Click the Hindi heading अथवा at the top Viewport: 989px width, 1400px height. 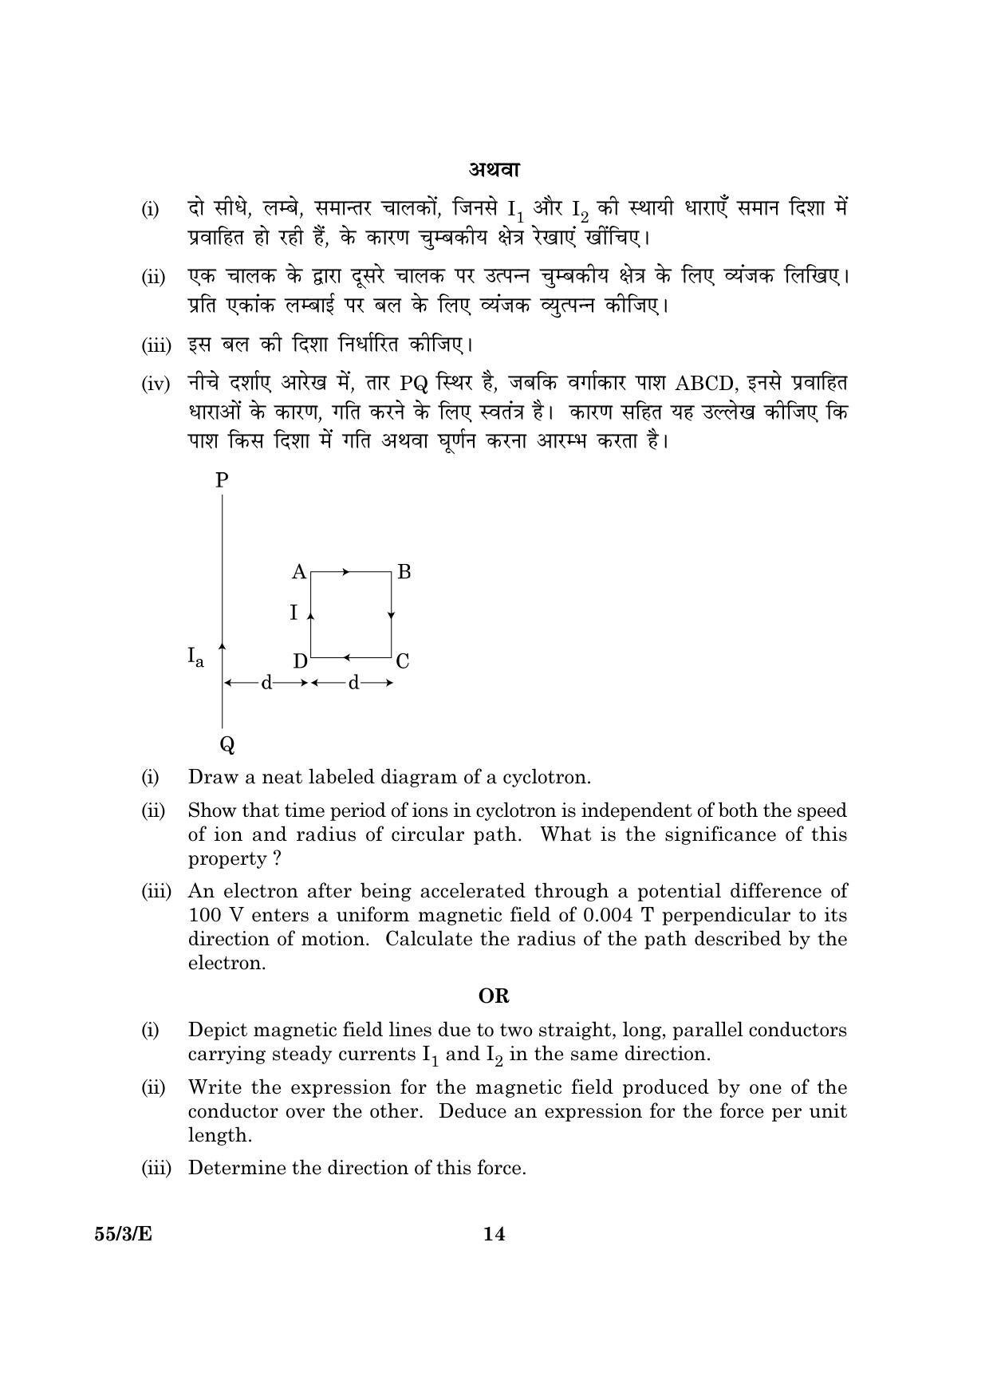click(494, 169)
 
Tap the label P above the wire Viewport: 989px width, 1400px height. click(222, 479)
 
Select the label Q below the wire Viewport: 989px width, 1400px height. click(227, 745)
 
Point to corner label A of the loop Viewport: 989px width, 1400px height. click(299, 572)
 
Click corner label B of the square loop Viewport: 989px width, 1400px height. click(404, 572)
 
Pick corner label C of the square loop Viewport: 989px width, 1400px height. click(403, 661)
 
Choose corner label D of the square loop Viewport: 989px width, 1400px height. click(300, 661)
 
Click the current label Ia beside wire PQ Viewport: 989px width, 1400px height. click(195, 657)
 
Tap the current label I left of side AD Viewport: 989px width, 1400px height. click(294, 613)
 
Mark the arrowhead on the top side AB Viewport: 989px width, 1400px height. click(345, 572)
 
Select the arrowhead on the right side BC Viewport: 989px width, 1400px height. click(391, 615)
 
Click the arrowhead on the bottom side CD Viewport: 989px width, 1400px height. click(348, 657)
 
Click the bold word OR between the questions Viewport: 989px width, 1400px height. click(494, 996)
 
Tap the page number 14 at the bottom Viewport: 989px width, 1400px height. click(494, 1234)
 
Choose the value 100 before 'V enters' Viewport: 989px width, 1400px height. click(205, 915)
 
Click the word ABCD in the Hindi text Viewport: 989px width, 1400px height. click(703, 384)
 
